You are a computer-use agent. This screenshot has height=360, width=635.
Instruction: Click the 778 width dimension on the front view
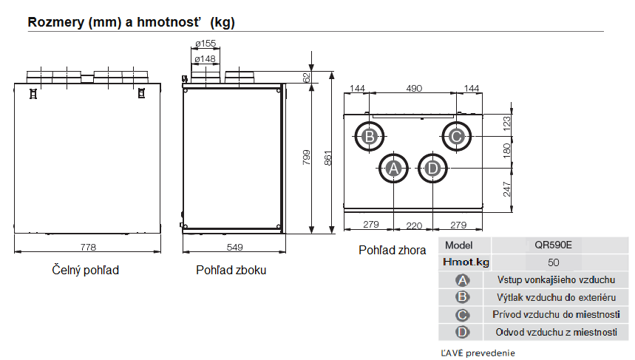click(88, 247)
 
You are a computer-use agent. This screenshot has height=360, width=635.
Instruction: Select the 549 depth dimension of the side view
click(234, 247)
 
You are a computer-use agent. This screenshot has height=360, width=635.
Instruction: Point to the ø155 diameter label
click(206, 43)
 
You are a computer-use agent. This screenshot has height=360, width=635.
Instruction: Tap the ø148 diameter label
click(205, 58)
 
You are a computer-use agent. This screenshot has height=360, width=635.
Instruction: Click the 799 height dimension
click(307, 157)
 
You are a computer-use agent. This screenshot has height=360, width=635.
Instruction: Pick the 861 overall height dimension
click(327, 158)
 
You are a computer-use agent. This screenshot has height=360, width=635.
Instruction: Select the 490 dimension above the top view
click(414, 88)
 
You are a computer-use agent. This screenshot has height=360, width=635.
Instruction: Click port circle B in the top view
click(370, 137)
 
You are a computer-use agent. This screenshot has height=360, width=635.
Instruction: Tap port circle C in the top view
click(456, 137)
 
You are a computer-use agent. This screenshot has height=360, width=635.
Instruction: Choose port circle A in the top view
click(393, 168)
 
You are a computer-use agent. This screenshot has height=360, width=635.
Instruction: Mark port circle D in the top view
click(432, 168)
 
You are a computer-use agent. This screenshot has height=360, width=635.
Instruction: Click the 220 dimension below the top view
click(414, 225)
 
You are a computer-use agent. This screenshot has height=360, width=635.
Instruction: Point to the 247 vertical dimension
click(507, 189)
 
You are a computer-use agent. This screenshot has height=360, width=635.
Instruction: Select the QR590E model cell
click(553, 245)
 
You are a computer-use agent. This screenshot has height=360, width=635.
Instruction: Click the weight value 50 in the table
click(553, 262)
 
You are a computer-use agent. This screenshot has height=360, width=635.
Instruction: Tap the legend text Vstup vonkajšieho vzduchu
click(556, 280)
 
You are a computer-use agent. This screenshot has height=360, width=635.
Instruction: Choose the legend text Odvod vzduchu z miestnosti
click(557, 332)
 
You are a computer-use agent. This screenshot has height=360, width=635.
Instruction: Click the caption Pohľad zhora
click(392, 251)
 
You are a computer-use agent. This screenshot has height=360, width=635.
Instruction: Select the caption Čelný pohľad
click(86, 270)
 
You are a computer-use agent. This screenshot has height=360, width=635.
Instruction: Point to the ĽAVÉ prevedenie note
click(478, 353)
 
